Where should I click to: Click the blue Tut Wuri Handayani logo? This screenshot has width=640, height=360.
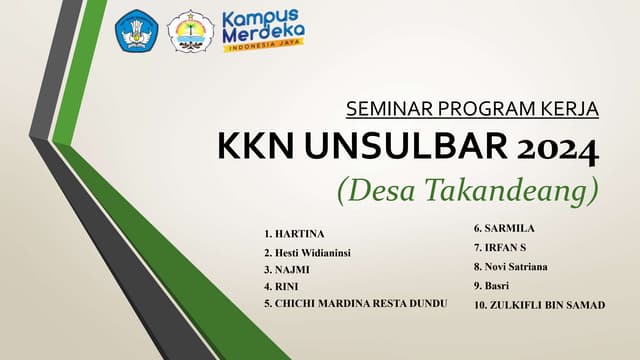137,31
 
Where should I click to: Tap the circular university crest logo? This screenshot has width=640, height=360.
190,32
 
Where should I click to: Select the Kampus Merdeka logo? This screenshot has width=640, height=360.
264,31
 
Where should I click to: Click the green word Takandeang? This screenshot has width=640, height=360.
519,187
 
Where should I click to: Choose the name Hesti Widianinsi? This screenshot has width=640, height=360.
313,252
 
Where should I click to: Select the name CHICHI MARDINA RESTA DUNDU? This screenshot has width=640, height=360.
360,302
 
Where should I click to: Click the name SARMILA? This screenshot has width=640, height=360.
509,229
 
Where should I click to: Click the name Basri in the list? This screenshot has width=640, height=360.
499,286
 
